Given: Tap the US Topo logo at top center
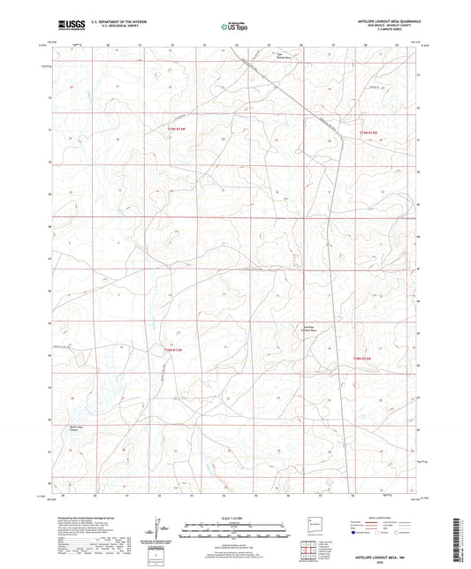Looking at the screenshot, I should pyautogui.click(x=235, y=27).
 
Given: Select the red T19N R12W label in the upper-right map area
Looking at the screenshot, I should pyautogui.click(x=368, y=133).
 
